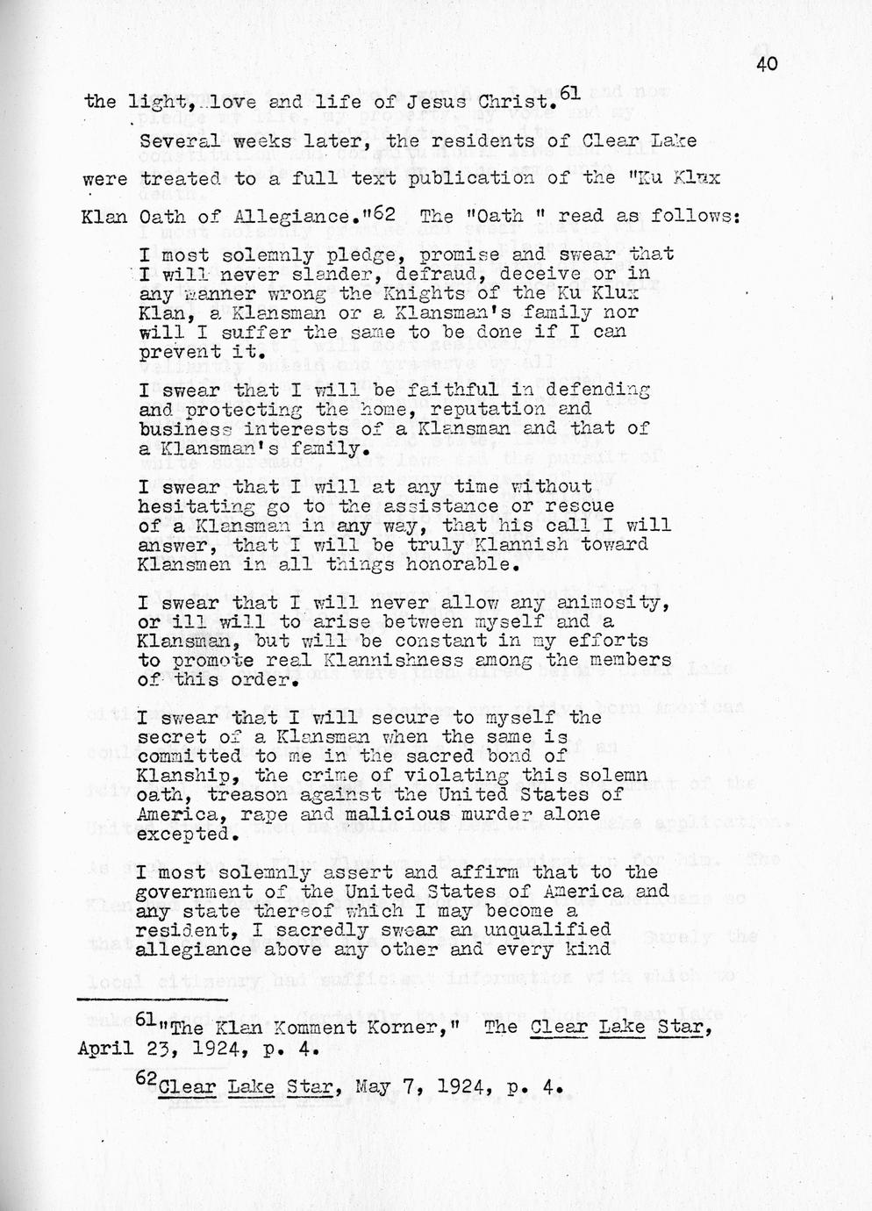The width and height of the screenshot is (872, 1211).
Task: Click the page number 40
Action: (764, 63)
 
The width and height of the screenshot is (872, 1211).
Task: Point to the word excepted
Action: (183, 834)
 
